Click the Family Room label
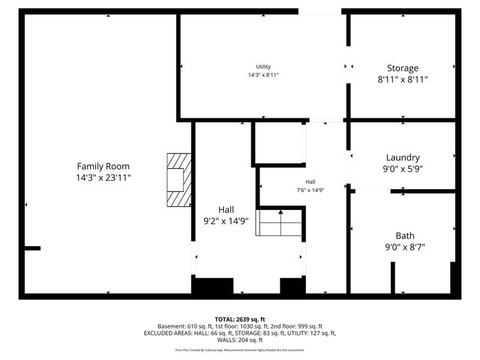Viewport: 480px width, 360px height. tap(103, 166)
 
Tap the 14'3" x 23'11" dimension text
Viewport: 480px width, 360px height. tap(103, 178)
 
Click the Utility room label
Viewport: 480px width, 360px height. tap(263, 67)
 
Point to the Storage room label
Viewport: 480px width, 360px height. tap(403, 67)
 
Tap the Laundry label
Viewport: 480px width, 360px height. tap(403, 157)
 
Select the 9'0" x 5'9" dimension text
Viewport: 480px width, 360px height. tap(403, 169)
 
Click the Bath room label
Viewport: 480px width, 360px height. tap(405, 235)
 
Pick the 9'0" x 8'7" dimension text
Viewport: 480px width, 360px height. tap(405, 247)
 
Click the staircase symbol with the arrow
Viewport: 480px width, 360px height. tap(280, 223)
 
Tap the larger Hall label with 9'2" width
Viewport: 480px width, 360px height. tap(226, 209)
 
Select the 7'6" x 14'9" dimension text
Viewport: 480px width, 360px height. tap(310, 190)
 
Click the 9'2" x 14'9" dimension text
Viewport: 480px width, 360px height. tap(226, 221)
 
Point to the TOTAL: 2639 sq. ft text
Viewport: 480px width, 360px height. tap(240, 319)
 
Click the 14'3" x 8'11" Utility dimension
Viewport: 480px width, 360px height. tap(263, 75)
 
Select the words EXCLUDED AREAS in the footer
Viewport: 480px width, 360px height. tap(169, 333)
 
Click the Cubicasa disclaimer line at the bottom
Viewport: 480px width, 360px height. tap(240, 349)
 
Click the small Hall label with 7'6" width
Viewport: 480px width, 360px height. tap(310, 182)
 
